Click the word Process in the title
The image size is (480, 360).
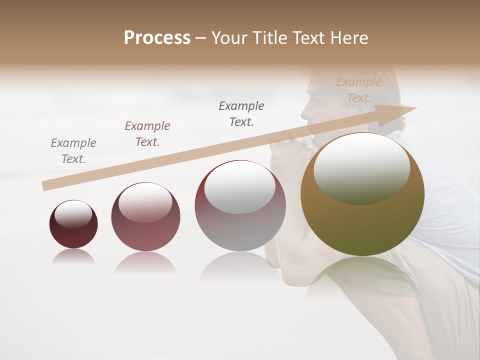(157, 38)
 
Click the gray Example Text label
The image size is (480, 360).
(73, 151)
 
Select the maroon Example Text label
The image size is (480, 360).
(147, 134)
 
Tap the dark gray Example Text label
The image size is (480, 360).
(241, 114)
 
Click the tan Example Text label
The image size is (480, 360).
(359, 90)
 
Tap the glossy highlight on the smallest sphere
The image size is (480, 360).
(73, 214)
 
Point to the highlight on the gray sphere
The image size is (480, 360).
(239, 187)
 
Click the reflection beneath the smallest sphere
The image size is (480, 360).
(73, 257)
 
